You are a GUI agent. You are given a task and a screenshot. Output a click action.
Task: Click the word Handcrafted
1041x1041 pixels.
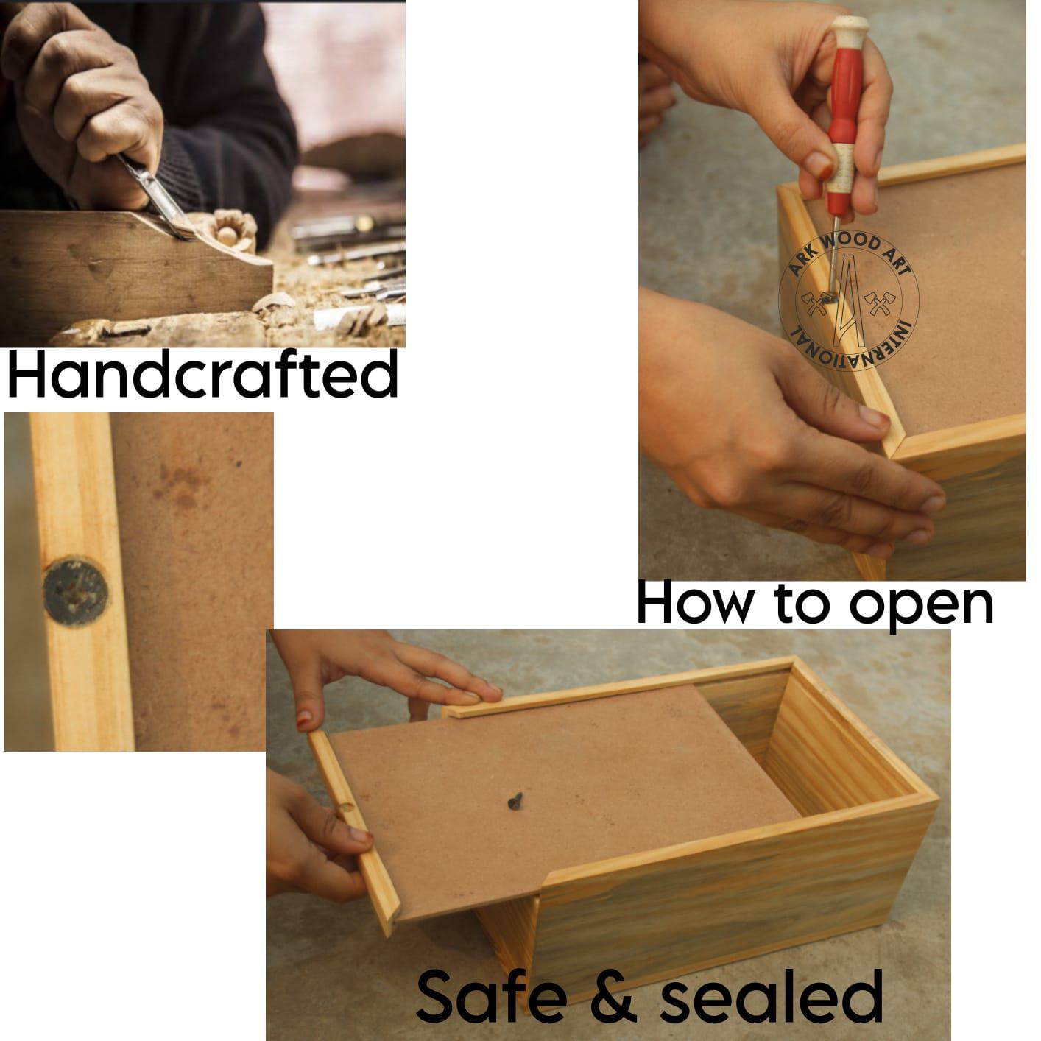202,374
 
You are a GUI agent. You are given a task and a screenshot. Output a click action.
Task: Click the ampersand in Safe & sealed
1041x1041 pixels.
613,995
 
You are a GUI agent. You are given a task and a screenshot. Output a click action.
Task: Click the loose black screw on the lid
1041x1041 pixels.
515,801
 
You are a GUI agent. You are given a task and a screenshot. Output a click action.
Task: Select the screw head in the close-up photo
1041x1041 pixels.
75,591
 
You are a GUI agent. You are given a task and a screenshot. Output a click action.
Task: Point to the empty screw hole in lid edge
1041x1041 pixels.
346,808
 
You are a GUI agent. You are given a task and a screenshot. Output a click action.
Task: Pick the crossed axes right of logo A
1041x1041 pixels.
880,303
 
